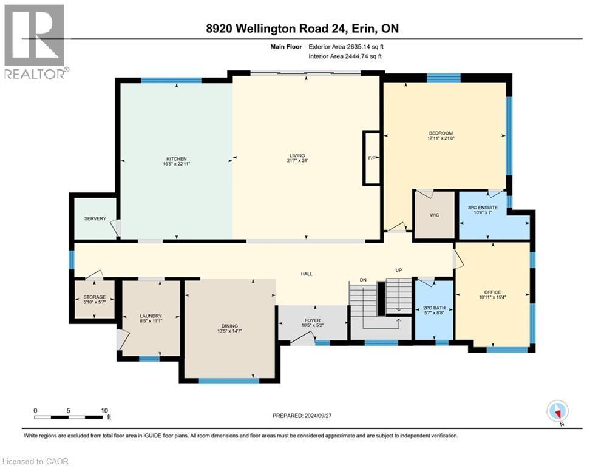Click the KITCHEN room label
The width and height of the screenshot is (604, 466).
point(174,159)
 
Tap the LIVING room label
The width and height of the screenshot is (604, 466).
point(296,156)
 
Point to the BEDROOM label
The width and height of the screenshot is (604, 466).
point(441,133)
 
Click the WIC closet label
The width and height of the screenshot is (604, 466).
point(433,215)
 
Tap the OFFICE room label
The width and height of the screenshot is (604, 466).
point(492,292)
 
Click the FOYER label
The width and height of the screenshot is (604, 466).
point(312,320)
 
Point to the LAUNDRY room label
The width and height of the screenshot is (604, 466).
point(151,316)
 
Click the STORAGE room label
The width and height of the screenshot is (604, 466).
point(94,297)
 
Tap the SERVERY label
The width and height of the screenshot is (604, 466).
point(95,218)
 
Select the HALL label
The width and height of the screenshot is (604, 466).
point(307,274)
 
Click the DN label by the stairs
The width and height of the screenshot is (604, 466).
point(363,279)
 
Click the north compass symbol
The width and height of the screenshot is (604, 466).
point(557,411)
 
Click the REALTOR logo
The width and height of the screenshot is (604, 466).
point(35,41)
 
